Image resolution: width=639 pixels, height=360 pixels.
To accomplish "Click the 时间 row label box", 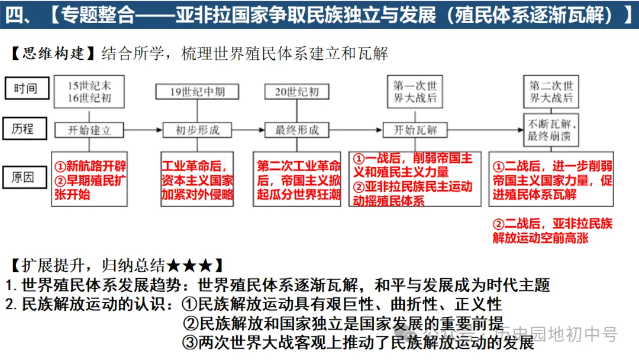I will (x=25, y=88).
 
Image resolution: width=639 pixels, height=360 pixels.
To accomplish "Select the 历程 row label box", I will (x=25, y=129).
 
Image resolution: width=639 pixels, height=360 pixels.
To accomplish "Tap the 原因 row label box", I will (x=25, y=176).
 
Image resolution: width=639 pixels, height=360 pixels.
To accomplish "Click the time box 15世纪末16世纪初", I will (x=89, y=92).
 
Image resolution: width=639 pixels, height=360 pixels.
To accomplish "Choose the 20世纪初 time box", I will (x=297, y=92).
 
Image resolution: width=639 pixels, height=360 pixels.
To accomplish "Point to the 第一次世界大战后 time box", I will (x=415, y=92).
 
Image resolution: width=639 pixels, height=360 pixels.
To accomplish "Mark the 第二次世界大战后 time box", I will (x=551, y=92).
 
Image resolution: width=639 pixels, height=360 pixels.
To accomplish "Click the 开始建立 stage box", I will (x=89, y=130).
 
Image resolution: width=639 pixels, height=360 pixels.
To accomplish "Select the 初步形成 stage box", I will (x=198, y=130).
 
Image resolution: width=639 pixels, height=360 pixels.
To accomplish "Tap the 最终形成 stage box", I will (x=297, y=130).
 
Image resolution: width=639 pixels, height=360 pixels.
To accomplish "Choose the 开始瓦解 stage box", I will (x=415, y=130).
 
